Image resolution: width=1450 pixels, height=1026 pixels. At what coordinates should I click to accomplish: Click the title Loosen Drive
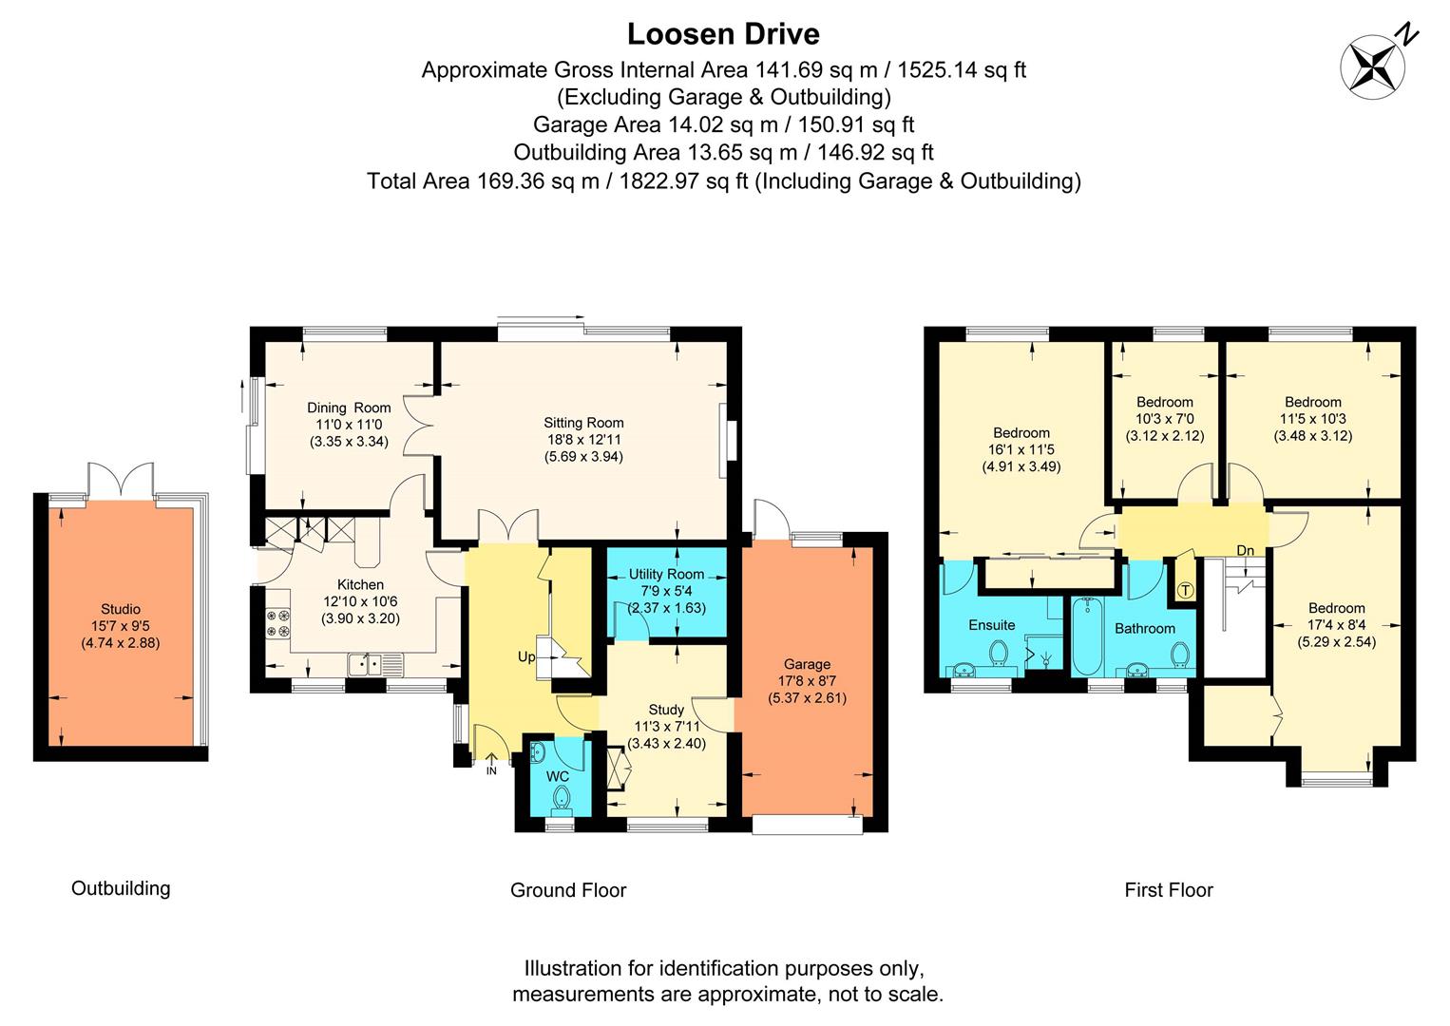click(x=723, y=34)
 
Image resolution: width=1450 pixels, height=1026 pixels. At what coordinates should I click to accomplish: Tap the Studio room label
click(x=121, y=609)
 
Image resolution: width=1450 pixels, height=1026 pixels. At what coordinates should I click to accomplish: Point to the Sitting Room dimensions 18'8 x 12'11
click(x=583, y=440)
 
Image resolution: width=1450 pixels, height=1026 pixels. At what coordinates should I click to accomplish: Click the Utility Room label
click(x=666, y=574)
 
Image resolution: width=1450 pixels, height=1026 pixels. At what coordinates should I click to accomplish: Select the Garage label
click(x=807, y=664)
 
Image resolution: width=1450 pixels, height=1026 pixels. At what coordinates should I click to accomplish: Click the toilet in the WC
click(x=560, y=797)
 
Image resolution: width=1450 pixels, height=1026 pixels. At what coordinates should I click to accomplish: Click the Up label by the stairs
click(x=525, y=657)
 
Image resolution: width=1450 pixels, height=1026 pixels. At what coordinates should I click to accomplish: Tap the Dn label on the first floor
click(x=1245, y=551)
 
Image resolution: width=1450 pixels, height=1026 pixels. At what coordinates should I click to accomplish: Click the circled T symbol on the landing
click(x=1185, y=590)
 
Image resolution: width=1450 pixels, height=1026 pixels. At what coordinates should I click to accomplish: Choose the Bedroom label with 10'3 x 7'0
click(x=1164, y=402)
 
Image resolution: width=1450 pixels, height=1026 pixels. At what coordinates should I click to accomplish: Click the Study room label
click(x=666, y=710)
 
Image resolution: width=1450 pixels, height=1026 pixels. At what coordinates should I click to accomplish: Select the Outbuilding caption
click(x=121, y=888)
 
